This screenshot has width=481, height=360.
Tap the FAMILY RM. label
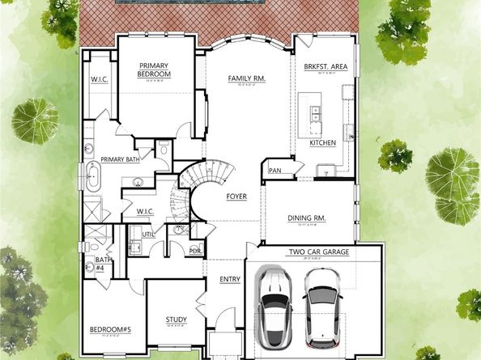coord(247,78)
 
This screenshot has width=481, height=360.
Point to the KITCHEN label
coord(322,143)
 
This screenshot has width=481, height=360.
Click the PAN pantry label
coord(275,171)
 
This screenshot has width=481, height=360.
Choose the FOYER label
coord(236,197)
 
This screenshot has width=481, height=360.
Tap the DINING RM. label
coord(307,217)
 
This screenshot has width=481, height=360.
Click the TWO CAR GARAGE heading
coord(319,252)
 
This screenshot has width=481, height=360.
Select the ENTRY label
coord(230,280)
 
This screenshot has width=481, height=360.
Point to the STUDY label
coord(176,320)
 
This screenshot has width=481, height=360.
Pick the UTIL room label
coord(148,234)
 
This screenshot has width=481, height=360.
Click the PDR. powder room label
coord(195,250)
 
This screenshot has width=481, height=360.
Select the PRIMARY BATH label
coord(117,159)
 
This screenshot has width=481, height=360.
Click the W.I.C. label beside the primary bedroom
coord(99,79)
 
